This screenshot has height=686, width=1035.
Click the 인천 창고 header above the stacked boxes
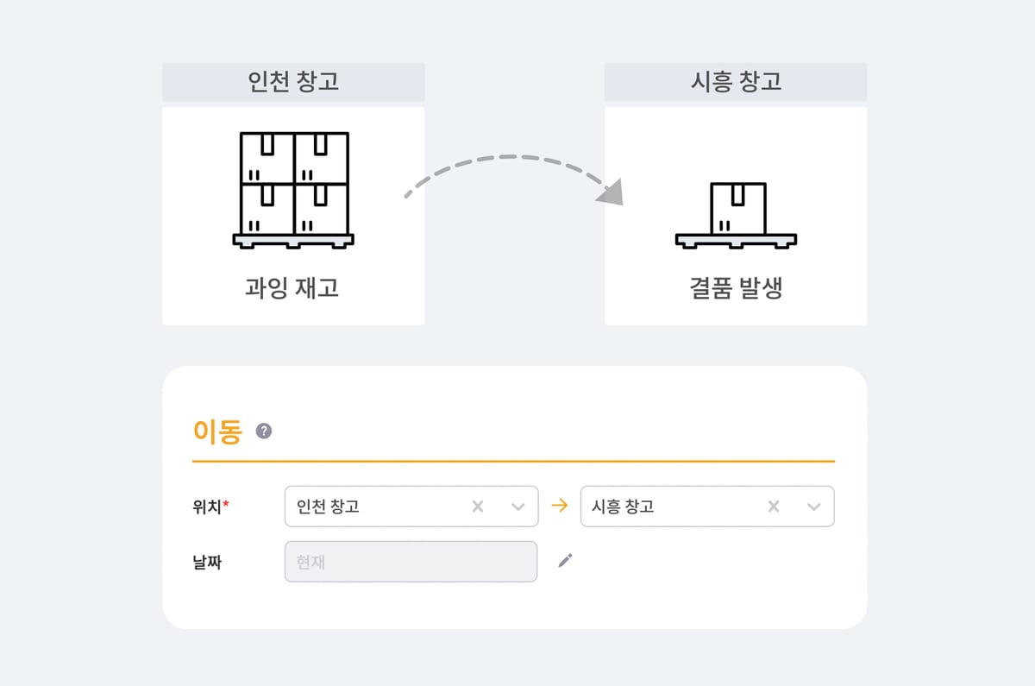point(293,82)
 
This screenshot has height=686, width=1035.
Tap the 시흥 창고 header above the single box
point(736,82)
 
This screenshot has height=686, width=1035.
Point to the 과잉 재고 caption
point(292,287)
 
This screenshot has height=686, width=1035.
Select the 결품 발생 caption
point(736,287)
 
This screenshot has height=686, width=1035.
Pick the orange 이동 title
point(217,431)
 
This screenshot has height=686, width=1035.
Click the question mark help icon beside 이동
point(264,431)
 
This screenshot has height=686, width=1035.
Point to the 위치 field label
point(207,507)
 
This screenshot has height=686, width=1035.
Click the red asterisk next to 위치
point(226,504)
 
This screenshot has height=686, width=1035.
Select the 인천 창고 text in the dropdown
point(328,507)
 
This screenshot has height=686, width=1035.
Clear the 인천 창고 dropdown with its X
point(478,507)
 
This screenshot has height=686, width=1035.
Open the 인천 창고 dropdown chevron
point(518,507)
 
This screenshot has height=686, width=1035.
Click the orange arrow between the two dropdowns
point(560,507)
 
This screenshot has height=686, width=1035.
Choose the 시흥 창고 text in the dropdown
point(623,507)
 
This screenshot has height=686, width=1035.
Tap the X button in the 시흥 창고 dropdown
point(774,507)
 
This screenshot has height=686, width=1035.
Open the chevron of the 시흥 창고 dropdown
point(813,507)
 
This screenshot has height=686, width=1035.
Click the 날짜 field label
point(207,562)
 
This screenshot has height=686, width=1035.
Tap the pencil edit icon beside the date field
point(565,561)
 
